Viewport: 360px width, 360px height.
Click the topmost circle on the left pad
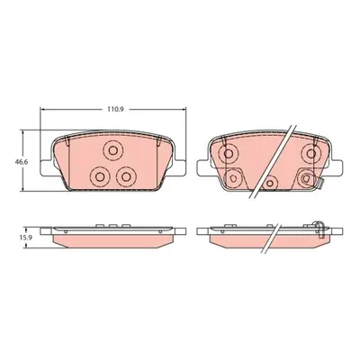click(112, 150)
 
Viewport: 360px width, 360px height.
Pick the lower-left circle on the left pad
click(99, 176)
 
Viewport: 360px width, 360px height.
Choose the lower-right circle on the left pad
click(126, 176)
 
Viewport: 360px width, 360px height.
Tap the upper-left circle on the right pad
click(229, 154)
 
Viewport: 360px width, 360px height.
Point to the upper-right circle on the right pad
click(311, 154)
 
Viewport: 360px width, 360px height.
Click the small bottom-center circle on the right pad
click(271, 183)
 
